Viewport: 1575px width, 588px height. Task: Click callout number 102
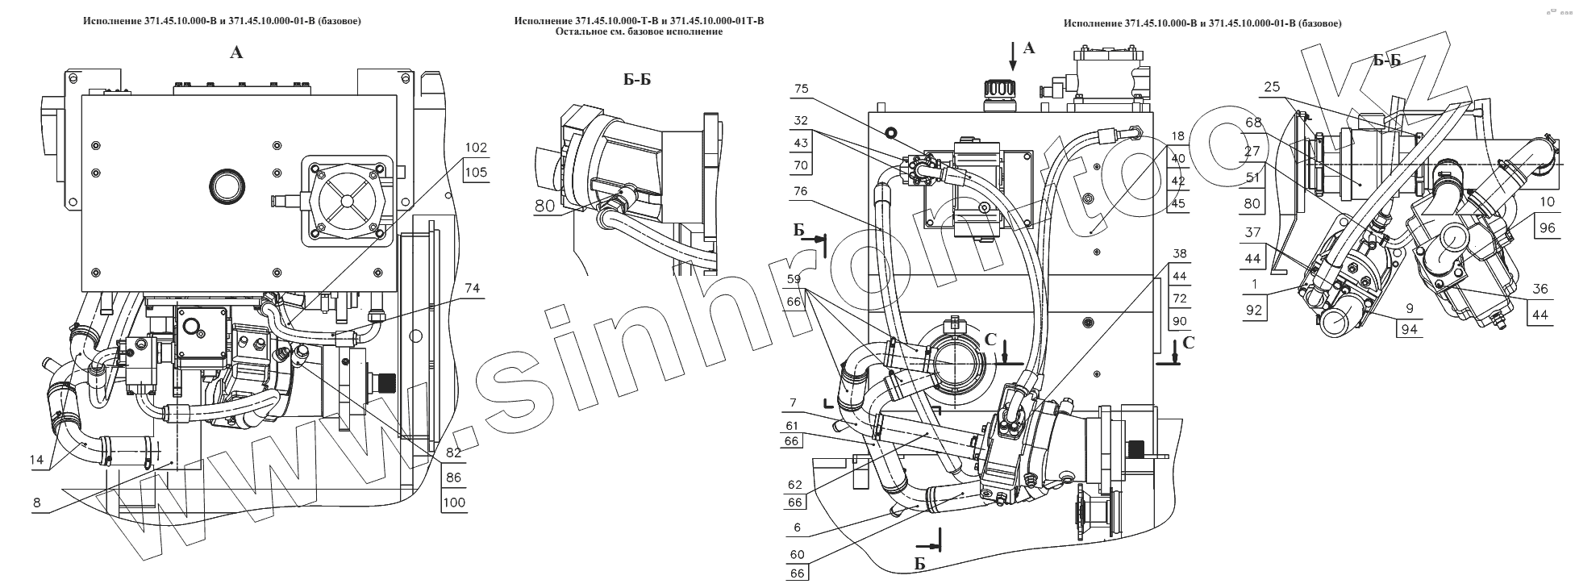[x=476, y=148]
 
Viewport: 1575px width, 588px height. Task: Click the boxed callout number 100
[x=454, y=503]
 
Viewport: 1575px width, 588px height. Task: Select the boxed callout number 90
[x=1181, y=321]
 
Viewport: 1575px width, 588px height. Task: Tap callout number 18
[x=1179, y=137]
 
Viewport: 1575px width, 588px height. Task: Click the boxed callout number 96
[x=1546, y=227]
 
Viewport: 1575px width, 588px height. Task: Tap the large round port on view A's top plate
[x=225, y=186]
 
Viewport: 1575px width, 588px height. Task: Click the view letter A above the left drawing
[x=236, y=53]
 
